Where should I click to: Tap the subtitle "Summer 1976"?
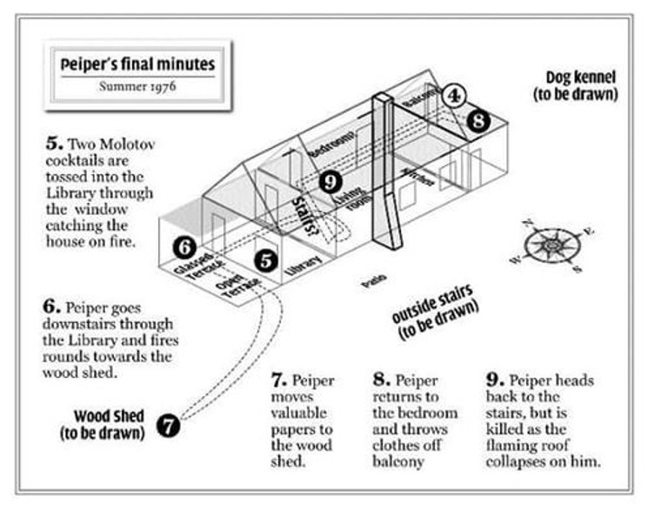(x=137, y=86)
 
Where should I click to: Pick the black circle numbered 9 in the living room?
(x=330, y=181)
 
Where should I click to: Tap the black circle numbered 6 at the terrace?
(x=184, y=247)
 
